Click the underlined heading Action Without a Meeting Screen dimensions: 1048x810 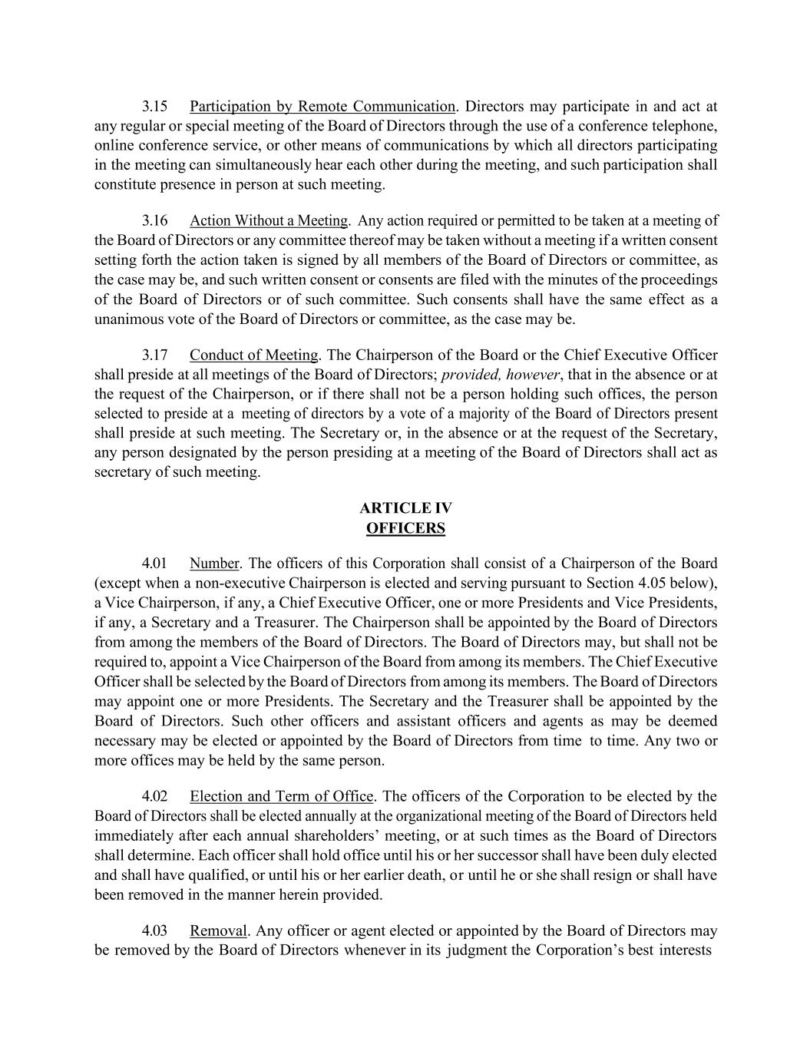click(269, 221)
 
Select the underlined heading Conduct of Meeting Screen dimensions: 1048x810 click(253, 355)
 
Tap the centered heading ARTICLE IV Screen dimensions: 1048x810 click(405, 508)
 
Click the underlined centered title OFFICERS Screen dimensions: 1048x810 click(405, 528)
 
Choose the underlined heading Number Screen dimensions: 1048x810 click(214, 564)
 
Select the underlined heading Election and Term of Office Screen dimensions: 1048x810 click(282, 796)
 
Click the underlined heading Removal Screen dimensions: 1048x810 click(218, 931)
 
